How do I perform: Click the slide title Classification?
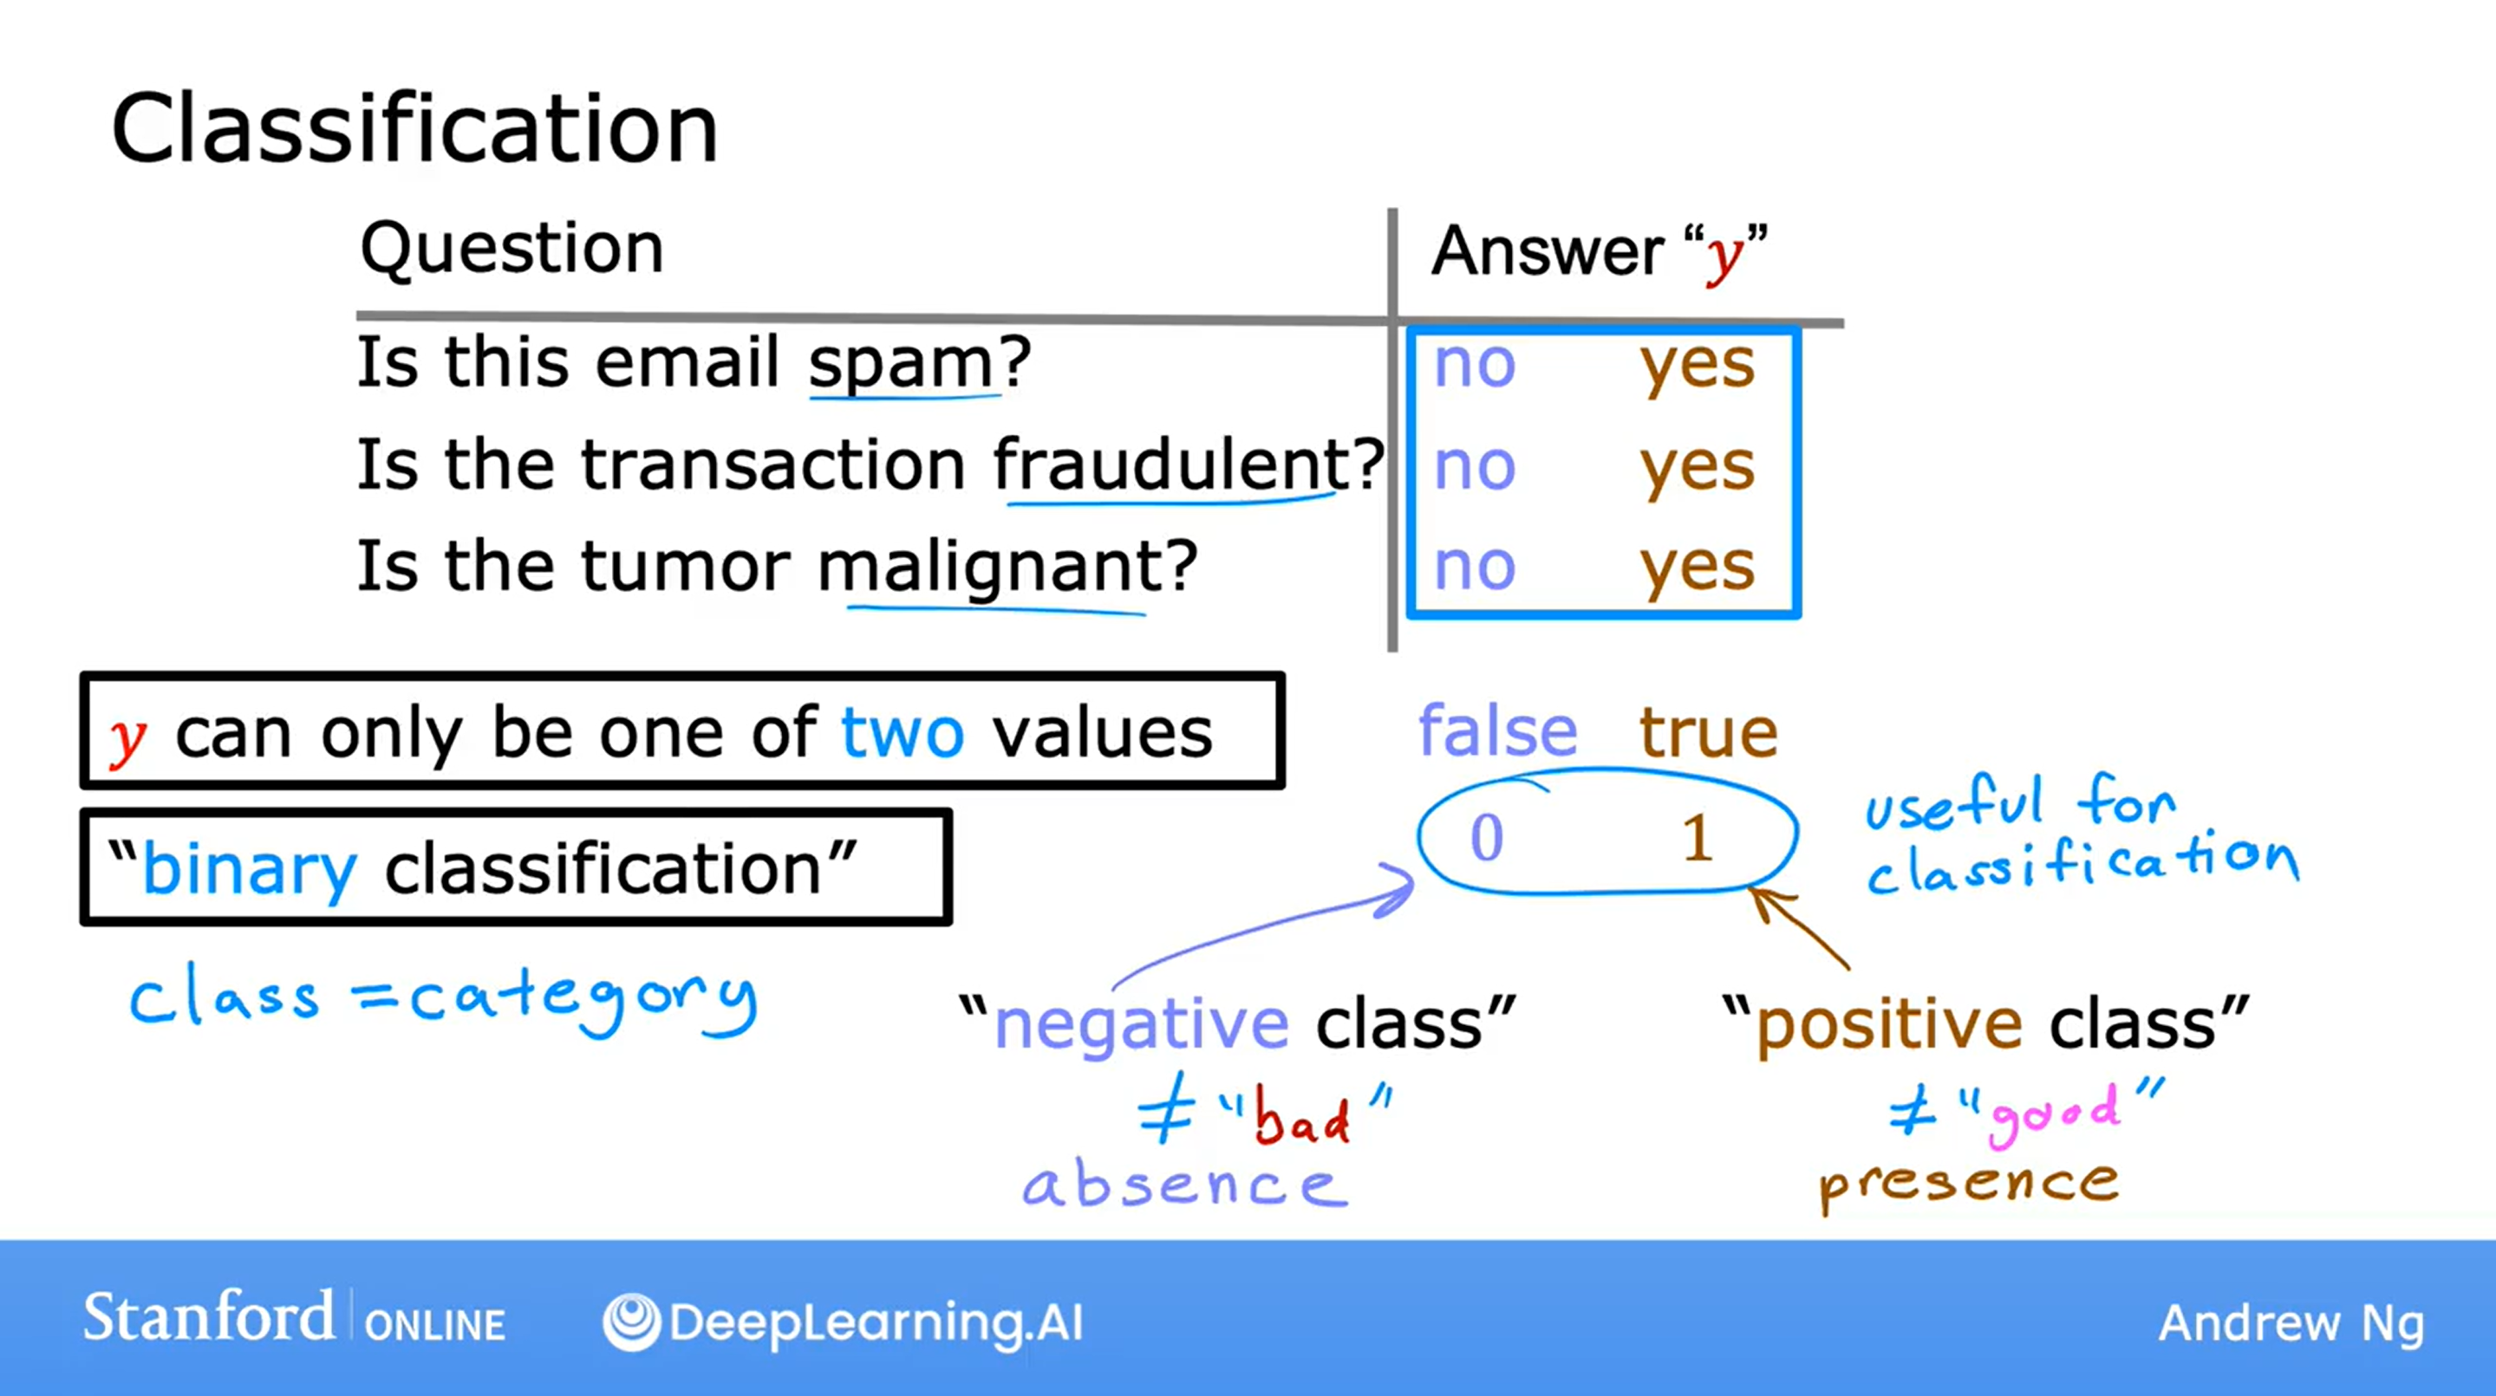coord(414,129)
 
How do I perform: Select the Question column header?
coord(512,250)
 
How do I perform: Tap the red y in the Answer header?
coord(1724,256)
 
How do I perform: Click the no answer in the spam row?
coord(1474,367)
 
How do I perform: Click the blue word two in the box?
coord(903,732)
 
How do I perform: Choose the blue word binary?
coord(249,870)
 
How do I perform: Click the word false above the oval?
coord(1497,730)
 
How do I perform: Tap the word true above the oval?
coord(1708,732)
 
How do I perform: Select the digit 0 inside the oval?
coord(1486,838)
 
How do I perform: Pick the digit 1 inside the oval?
coord(1697,838)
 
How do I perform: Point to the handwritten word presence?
coord(1969,1185)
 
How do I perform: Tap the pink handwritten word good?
coord(2052,1116)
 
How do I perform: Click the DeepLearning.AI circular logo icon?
coord(631,1322)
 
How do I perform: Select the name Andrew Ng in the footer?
coord(2291,1324)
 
